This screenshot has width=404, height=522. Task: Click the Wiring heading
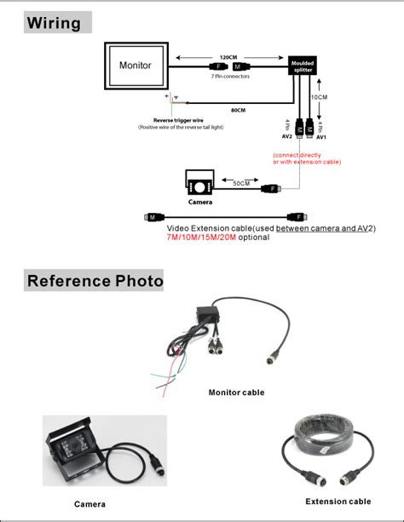click(x=55, y=23)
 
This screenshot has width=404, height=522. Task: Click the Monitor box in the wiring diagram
click(x=136, y=66)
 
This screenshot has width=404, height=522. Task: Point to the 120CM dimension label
click(x=228, y=57)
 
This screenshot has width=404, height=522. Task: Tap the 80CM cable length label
click(x=239, y=109)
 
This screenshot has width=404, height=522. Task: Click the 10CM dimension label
click(x=319, y=97)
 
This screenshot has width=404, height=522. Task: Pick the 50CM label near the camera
click(x=242, y=182)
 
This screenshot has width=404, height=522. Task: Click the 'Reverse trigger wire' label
click(x=178, y=120)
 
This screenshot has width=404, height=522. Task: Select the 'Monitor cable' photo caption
click(x=236, y=393)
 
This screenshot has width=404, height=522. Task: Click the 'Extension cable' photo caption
click(x=338, y=502)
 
